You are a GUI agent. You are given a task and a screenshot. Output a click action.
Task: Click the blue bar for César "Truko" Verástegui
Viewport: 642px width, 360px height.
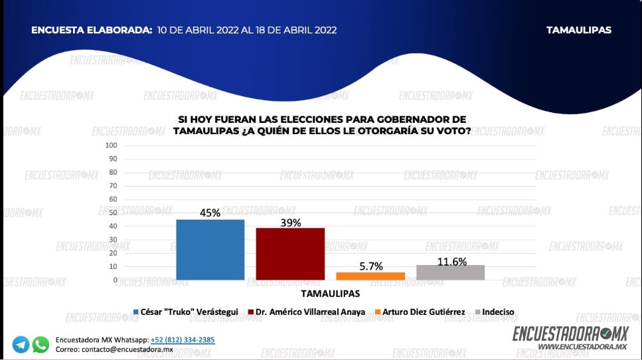pyautogui.click(x=210, y=250)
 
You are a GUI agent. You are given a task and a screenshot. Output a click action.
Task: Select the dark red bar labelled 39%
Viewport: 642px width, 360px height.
pyautogui.click(x=290, y=254)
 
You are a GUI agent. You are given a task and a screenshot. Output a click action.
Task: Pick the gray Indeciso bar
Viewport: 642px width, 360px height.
pyautogui.click(x=450, y=272)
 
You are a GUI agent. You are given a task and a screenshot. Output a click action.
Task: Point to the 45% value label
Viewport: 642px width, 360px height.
pyautogui.click(x=210, y=213)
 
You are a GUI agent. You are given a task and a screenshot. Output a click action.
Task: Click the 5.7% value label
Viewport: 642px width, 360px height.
pyautogui.click(x=370, y=266)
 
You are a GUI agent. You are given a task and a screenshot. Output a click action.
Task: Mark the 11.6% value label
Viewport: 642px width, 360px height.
pyautogui.click(x=451, y=262)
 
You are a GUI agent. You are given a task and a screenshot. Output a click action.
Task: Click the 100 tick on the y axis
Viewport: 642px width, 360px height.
pyautogui.click(x=111, y=145)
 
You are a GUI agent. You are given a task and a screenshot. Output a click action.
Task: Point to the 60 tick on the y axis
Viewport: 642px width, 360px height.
pyautogui.click(x=113, y=199)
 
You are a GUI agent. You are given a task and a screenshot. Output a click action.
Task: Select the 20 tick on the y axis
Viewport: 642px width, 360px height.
pyautogui.click(x=113, y=253)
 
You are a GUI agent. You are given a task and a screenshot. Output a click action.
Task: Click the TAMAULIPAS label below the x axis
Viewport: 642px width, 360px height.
pyautogui.click(x=330, y=293)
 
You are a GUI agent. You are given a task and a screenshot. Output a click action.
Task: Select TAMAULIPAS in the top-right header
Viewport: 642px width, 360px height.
pyautogui.click(x=578, y=30)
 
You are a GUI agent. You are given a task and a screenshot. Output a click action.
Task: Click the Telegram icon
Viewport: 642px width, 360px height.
pyautogui.click(x=21, y=345)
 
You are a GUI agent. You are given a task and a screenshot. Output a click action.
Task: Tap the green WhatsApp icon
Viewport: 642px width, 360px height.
pyautogui.click(x=40, y=345)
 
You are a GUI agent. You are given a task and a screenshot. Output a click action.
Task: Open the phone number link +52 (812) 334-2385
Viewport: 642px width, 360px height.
pyautogui.click(x=183, y=340)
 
